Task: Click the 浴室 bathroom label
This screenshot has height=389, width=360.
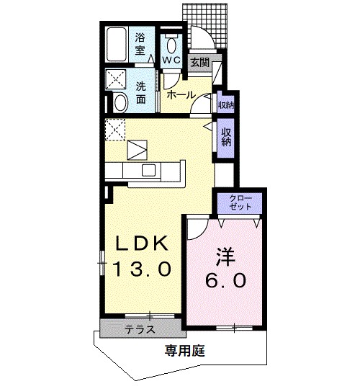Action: [x=140, y=43]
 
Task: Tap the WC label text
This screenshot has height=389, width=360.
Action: [x=171, y=60]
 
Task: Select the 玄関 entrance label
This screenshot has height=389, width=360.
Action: [x=199, y=63]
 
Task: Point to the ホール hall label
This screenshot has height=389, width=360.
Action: [x=180, y=94]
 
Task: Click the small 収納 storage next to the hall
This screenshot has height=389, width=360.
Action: [x=226, y=104]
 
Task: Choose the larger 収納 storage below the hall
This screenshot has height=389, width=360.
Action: [x=226, y=137]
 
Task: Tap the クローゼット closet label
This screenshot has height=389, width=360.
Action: [x=240, y=202]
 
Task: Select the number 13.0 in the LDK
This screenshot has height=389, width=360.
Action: [x=143, y=270]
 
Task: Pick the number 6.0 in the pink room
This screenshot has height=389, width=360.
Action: [x=226, y=280]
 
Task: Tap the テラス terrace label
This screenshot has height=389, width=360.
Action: [x=140, y=330]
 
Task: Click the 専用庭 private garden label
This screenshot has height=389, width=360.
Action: [x=185, y=352]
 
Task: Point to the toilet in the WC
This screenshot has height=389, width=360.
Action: [x=170, y=40]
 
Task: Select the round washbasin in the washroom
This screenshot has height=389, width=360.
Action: [x=120, y=102]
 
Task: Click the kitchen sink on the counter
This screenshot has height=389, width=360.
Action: [x=148, y=170]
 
